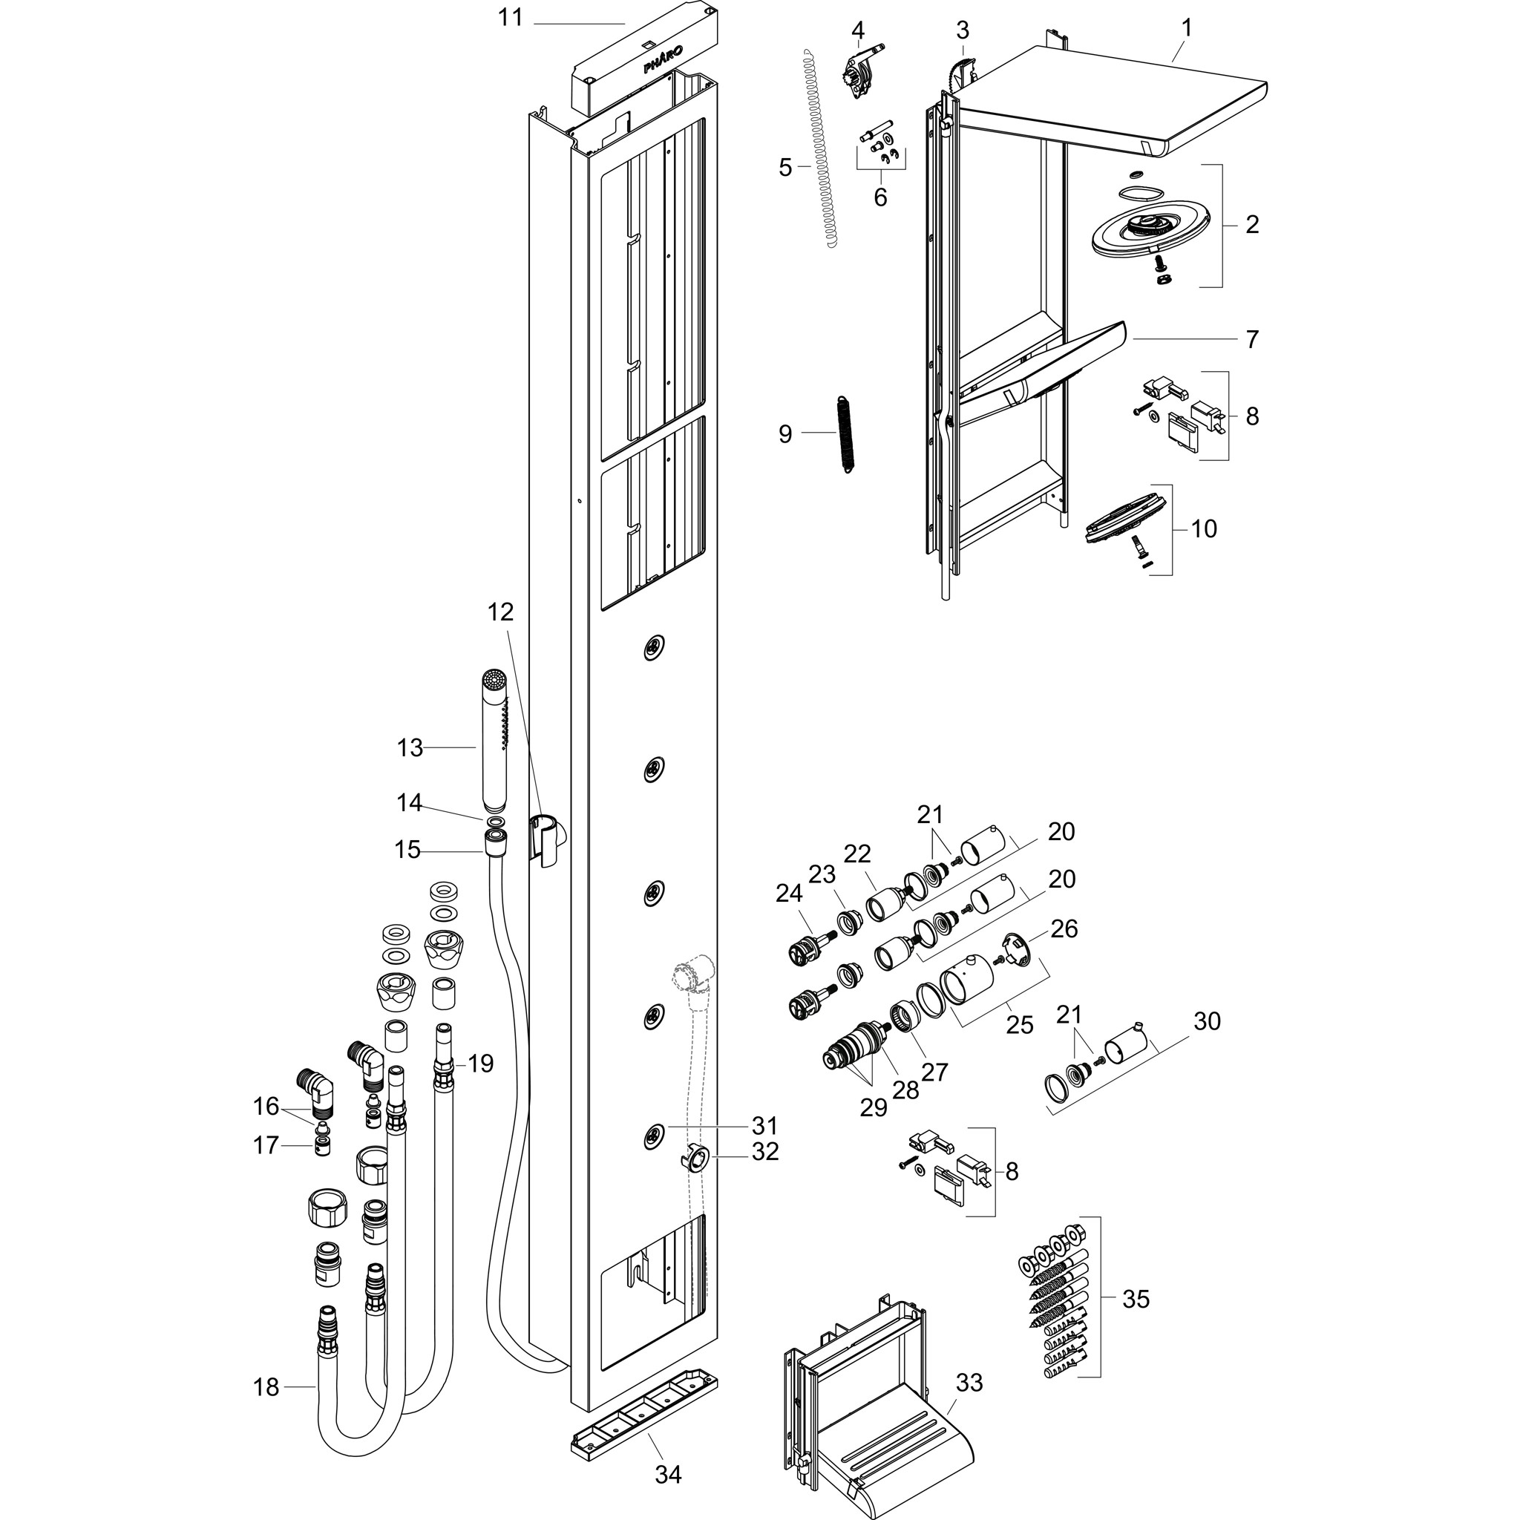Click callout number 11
[x=511, y=17]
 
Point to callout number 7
[x=1252, y=339]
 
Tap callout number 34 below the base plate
[x=668, y=1473]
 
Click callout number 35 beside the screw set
[x=1136, y=1298]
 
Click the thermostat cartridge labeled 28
[x=853, y=1045]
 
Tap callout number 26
[x=1064, y=928]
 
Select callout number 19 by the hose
[x=480, y=1064]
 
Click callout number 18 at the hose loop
[x=266, y=1387]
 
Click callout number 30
[x=1207, y=1021]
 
